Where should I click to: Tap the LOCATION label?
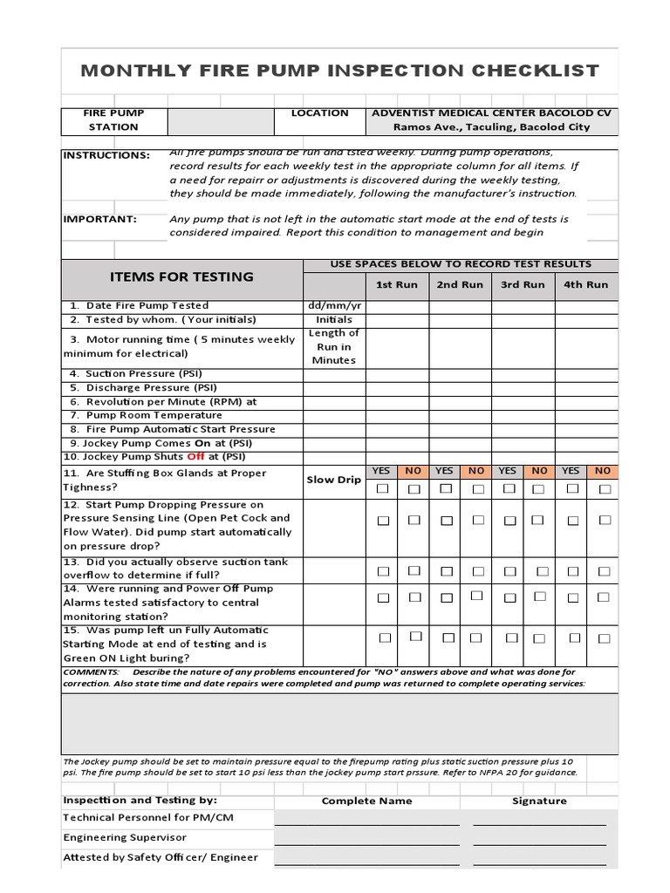[319, 113]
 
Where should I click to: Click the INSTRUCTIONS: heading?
[106, 155]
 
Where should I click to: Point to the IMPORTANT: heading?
[99, 219]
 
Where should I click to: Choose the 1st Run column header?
[396, 284]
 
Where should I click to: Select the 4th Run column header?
[585, 284]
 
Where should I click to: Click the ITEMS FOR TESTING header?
[181, 277]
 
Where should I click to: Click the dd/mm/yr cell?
[334, 306]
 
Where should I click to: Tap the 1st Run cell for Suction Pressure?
[397, 374]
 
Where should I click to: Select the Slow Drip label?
[333, 480]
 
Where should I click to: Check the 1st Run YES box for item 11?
[382, 489]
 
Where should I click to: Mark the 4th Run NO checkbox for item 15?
[605, 637]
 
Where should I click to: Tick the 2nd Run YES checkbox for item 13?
[446, 571]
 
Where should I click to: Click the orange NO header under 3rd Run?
[539, 471]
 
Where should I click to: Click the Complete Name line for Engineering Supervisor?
[366, 838]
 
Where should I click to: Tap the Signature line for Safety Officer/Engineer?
[539, 858]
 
